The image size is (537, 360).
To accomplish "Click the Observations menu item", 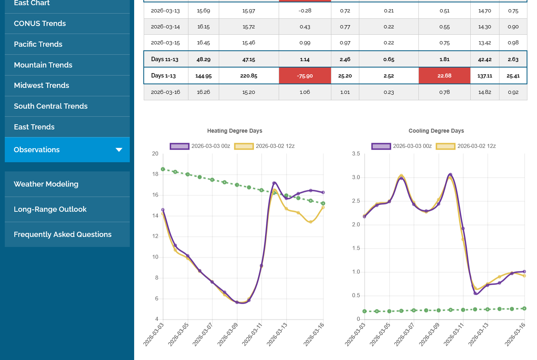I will point(37,150).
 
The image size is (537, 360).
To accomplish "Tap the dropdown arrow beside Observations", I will point(119,150).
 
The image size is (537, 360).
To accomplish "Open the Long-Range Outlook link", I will point(50,209).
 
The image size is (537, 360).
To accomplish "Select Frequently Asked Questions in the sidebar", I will point(63,235).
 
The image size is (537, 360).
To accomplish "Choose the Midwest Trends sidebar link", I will point(42,86).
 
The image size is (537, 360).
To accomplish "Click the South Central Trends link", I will point(51,106).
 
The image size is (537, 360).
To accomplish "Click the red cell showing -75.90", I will point(305,76).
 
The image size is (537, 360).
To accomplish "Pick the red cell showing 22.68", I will point(444,76).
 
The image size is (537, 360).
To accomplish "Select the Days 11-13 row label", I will point(164,60).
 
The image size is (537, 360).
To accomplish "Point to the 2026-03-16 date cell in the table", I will point(165,92).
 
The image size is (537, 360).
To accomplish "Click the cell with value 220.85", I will point(249,76).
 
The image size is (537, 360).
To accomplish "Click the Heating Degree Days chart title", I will point(235,131).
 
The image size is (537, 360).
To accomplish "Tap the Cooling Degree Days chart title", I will point(436,131).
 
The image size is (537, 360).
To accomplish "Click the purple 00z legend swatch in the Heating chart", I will point(179,146).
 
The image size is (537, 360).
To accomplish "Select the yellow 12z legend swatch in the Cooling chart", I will point(445,146).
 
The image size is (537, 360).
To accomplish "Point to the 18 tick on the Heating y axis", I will point(155,174).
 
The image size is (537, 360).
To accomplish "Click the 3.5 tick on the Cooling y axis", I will point(356,154).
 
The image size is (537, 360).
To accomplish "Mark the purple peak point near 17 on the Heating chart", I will point(274,183).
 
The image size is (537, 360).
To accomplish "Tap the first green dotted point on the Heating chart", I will point(163,169).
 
